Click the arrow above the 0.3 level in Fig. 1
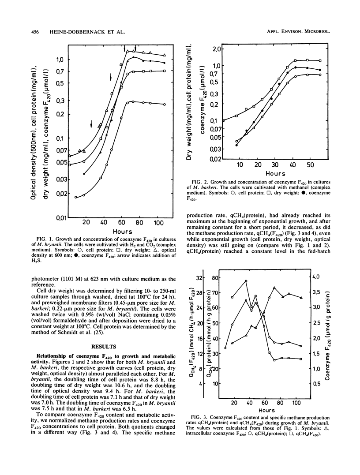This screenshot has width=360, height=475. click(x=111, y=77)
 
